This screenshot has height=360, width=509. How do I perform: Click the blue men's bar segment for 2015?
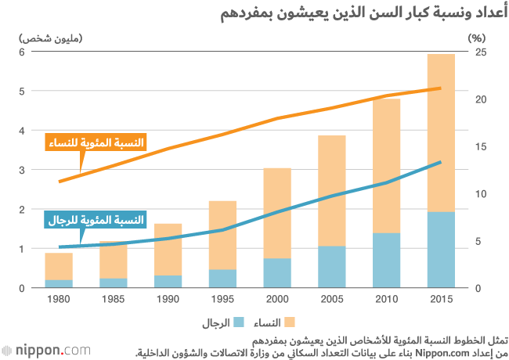pyautogui.click(x=441, y=250)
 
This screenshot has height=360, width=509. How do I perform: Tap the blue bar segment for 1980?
pyautogui.click(x=59, y=283)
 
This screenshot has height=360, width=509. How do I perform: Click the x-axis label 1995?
pyautogui.click(x=222, y=300)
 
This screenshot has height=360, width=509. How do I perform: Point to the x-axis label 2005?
pyautogui.click(x=331, y=300)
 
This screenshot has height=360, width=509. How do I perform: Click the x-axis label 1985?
pyautogui.click(x=114, y=300)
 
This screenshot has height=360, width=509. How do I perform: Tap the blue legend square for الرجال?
pyautogui.click(x=240, y=322)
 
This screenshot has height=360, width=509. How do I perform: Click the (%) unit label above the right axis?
pyautogui.click(x=477, y=37)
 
